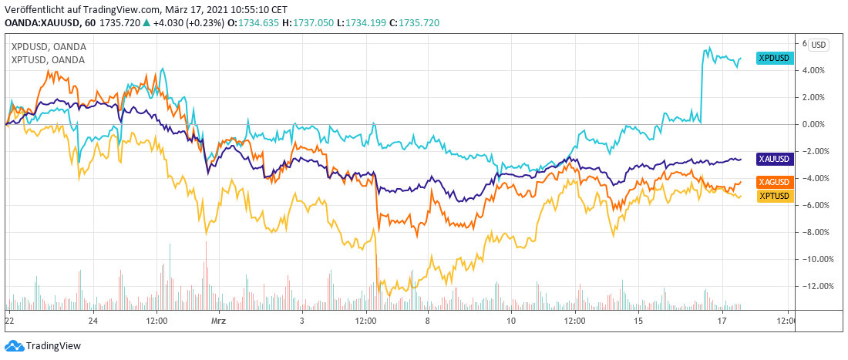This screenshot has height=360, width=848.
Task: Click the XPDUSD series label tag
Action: (x=774, y=58)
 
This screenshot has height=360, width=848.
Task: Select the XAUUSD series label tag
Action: (x=774, y=159)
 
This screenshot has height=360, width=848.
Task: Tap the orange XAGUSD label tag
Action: (x=774, y=183)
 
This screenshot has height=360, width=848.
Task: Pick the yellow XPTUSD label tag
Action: (x=774, y=196)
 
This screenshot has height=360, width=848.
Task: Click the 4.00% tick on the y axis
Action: (x=813, y=70)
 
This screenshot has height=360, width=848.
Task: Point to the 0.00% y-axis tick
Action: (x=813, y=124)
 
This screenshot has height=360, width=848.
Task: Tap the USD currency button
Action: (x=819, y=45)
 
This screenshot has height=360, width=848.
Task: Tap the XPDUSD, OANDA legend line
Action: (x=48, y=46)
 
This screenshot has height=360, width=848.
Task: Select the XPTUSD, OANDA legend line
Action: (x=48, y=59)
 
